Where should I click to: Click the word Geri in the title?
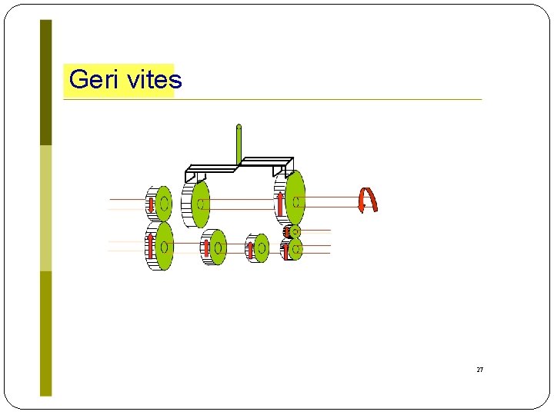pos(89,80)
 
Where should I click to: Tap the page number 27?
pos(480,370)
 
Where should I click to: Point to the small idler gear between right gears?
pos(294,231)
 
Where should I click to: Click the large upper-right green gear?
pos(295,198)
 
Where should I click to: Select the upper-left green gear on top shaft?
pos(163,204)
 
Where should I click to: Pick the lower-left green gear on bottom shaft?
pos(163,246)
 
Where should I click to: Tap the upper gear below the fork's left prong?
pos(200,204)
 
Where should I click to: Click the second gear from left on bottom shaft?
pos(218,247)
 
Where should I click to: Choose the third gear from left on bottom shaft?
pos(262,247)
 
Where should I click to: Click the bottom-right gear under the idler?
pos(295,249)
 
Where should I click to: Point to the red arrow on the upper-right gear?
pos(281,204)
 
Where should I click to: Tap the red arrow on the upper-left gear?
pos(151,204)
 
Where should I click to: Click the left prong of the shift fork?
pos(191,177)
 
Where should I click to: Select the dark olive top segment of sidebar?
pos(46,82)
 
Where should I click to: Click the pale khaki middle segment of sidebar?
pos(46,207)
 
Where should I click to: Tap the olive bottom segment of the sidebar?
pos(46,333)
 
